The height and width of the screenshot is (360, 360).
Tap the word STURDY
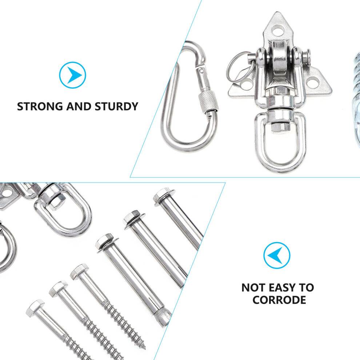[116, 107]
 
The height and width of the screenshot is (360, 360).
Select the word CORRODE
[279, 300]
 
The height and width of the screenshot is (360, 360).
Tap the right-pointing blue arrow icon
[73, 75]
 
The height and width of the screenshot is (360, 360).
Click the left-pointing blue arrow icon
[277, 255]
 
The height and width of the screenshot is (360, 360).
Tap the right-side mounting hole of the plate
[313, 82]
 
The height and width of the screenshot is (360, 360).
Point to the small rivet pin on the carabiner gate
[201, 70]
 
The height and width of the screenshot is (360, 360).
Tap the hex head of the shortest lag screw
[35, 308]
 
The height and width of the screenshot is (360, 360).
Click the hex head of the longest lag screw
[79, 271]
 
